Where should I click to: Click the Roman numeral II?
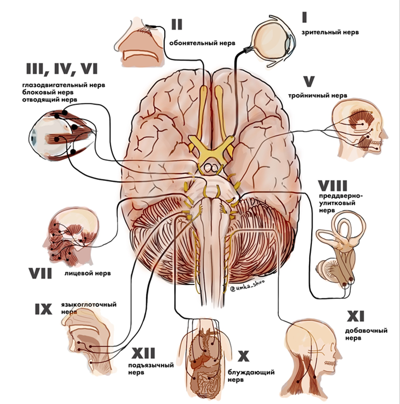[x=176, y=24]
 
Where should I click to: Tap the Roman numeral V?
[x=309, y=81]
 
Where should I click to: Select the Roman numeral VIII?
[x=333, y=186]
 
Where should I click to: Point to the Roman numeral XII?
[x=144, y=354]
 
